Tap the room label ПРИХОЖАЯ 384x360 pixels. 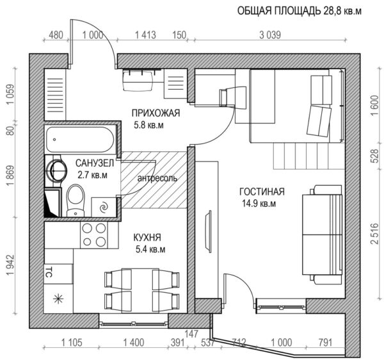point(156,113)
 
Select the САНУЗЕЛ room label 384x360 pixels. point(95,163)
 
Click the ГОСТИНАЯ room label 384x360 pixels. point(262,192)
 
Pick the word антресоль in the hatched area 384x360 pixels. point(157,177)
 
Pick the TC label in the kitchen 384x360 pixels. point(47,272)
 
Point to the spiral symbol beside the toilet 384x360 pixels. point(104,207)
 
